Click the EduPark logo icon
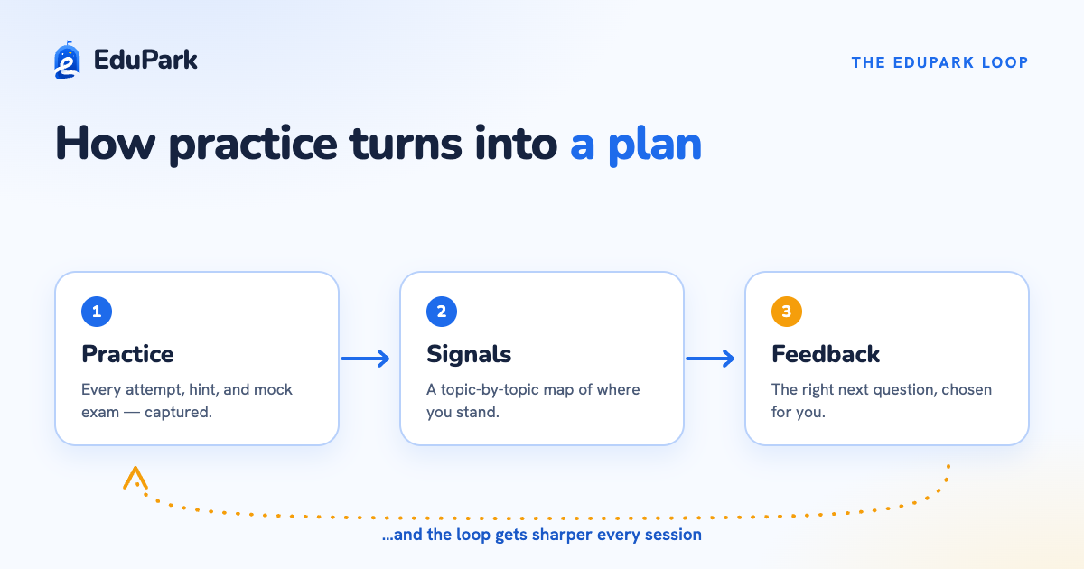67,60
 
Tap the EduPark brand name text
145,60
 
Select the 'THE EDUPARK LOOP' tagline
939,62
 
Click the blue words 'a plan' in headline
636,144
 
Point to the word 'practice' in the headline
252,145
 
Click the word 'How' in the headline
105,144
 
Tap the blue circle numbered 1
97,312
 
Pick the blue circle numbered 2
442,312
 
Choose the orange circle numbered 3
787,312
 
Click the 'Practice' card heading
127,354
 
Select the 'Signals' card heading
469,354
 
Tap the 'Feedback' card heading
826,354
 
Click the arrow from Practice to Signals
365,359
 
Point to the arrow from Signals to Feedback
710,359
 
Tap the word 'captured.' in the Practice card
178,412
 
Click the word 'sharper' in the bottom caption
562,535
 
